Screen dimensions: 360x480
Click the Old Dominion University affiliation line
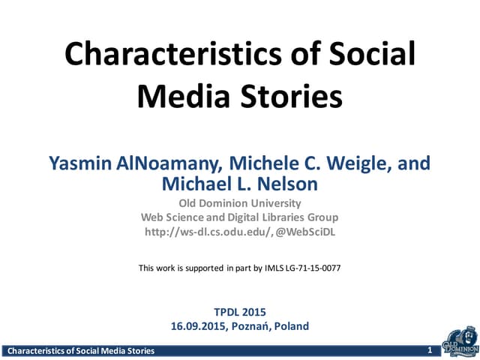(239, 203)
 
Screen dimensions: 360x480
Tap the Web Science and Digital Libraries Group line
(239, 217)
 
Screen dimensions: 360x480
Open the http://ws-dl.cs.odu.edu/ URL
(200, 232)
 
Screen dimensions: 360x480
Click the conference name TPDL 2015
(239, 312)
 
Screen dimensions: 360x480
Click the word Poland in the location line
(292, 326)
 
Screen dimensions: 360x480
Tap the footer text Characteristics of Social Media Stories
(80, 351)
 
